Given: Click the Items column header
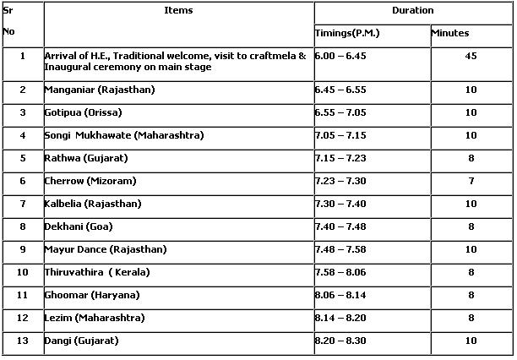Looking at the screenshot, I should pos(178,11).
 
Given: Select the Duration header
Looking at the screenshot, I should pos(413,11).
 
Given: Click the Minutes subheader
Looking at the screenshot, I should pos(450,33).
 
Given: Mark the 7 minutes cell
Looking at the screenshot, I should pos(471,181).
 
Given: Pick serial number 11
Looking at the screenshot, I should pos(22,295).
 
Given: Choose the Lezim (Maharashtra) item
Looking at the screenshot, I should pos(95,318).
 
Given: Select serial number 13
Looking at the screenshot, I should pos(22,341).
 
